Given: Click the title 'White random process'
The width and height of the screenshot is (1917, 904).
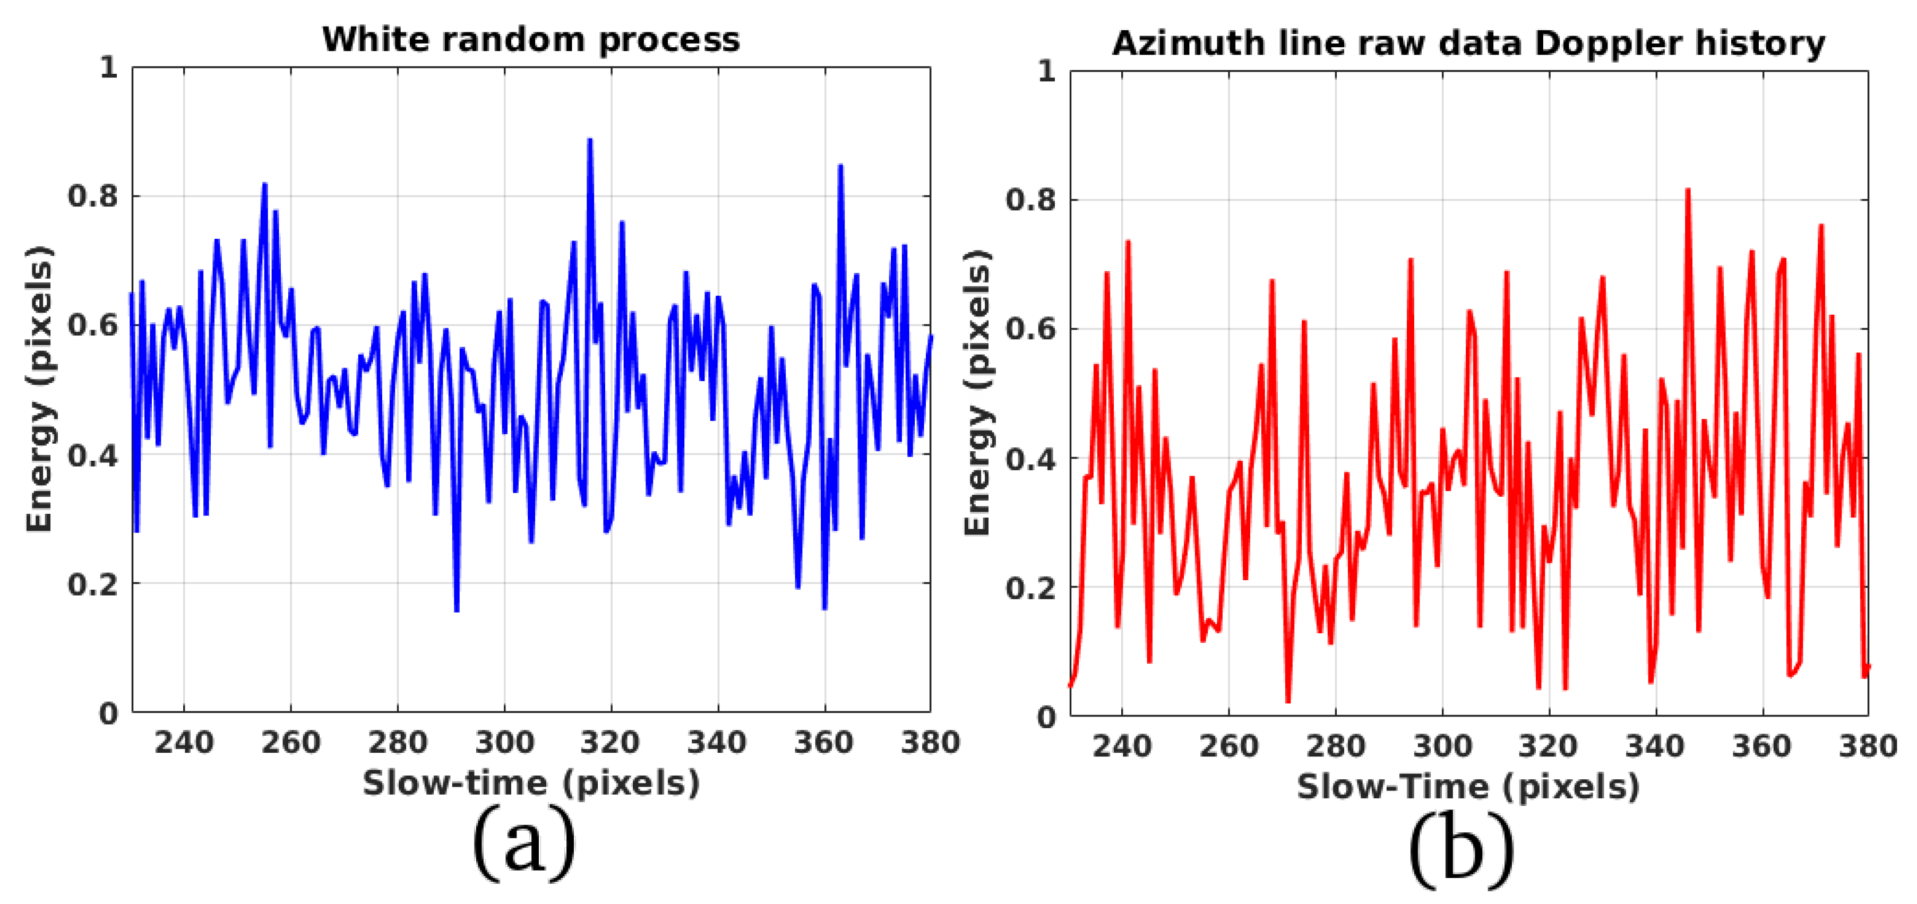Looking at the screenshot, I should click(x=530, y=39).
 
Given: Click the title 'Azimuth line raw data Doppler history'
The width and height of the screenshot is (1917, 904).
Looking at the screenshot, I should click(x=1467, y=43).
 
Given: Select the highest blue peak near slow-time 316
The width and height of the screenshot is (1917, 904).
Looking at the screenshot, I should click(x=589, y=140).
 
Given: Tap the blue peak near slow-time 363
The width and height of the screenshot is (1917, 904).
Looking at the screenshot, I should click(x=840, y=166).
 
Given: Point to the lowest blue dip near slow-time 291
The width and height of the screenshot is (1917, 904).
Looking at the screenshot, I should click(x=456, y=610).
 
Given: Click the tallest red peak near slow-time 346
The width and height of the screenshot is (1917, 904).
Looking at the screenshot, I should click(x=1688, y=191).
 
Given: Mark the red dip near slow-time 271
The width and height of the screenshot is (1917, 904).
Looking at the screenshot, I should click(x=1288, y=700).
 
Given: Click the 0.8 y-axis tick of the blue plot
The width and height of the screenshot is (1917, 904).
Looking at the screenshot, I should click(x=92, y=196).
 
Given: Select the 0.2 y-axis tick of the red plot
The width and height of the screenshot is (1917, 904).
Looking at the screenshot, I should click(x=1030, y=588).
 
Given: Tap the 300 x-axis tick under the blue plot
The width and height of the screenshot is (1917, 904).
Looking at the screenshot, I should click(x=504, y=743).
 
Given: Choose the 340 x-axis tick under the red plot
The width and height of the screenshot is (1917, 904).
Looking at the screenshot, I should click(x=1655, y=746).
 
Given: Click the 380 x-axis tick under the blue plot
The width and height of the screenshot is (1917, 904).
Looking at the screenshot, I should click(x=930, y=743).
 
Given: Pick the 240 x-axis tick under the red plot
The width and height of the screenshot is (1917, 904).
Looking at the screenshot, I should click(x=1121, y=746).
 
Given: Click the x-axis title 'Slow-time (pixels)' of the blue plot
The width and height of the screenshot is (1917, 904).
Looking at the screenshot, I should click(x=530, y=784).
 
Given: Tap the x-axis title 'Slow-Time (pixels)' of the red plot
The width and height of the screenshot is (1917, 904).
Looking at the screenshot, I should click(x=1467, y=787).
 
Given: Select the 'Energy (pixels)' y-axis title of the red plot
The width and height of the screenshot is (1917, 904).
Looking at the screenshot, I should click(x=977, y=392).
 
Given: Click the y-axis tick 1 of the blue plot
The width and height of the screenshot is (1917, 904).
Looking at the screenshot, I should click(x=109, y=68).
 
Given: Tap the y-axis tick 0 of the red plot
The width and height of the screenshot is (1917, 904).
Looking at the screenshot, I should click(x=1046, y=717).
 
